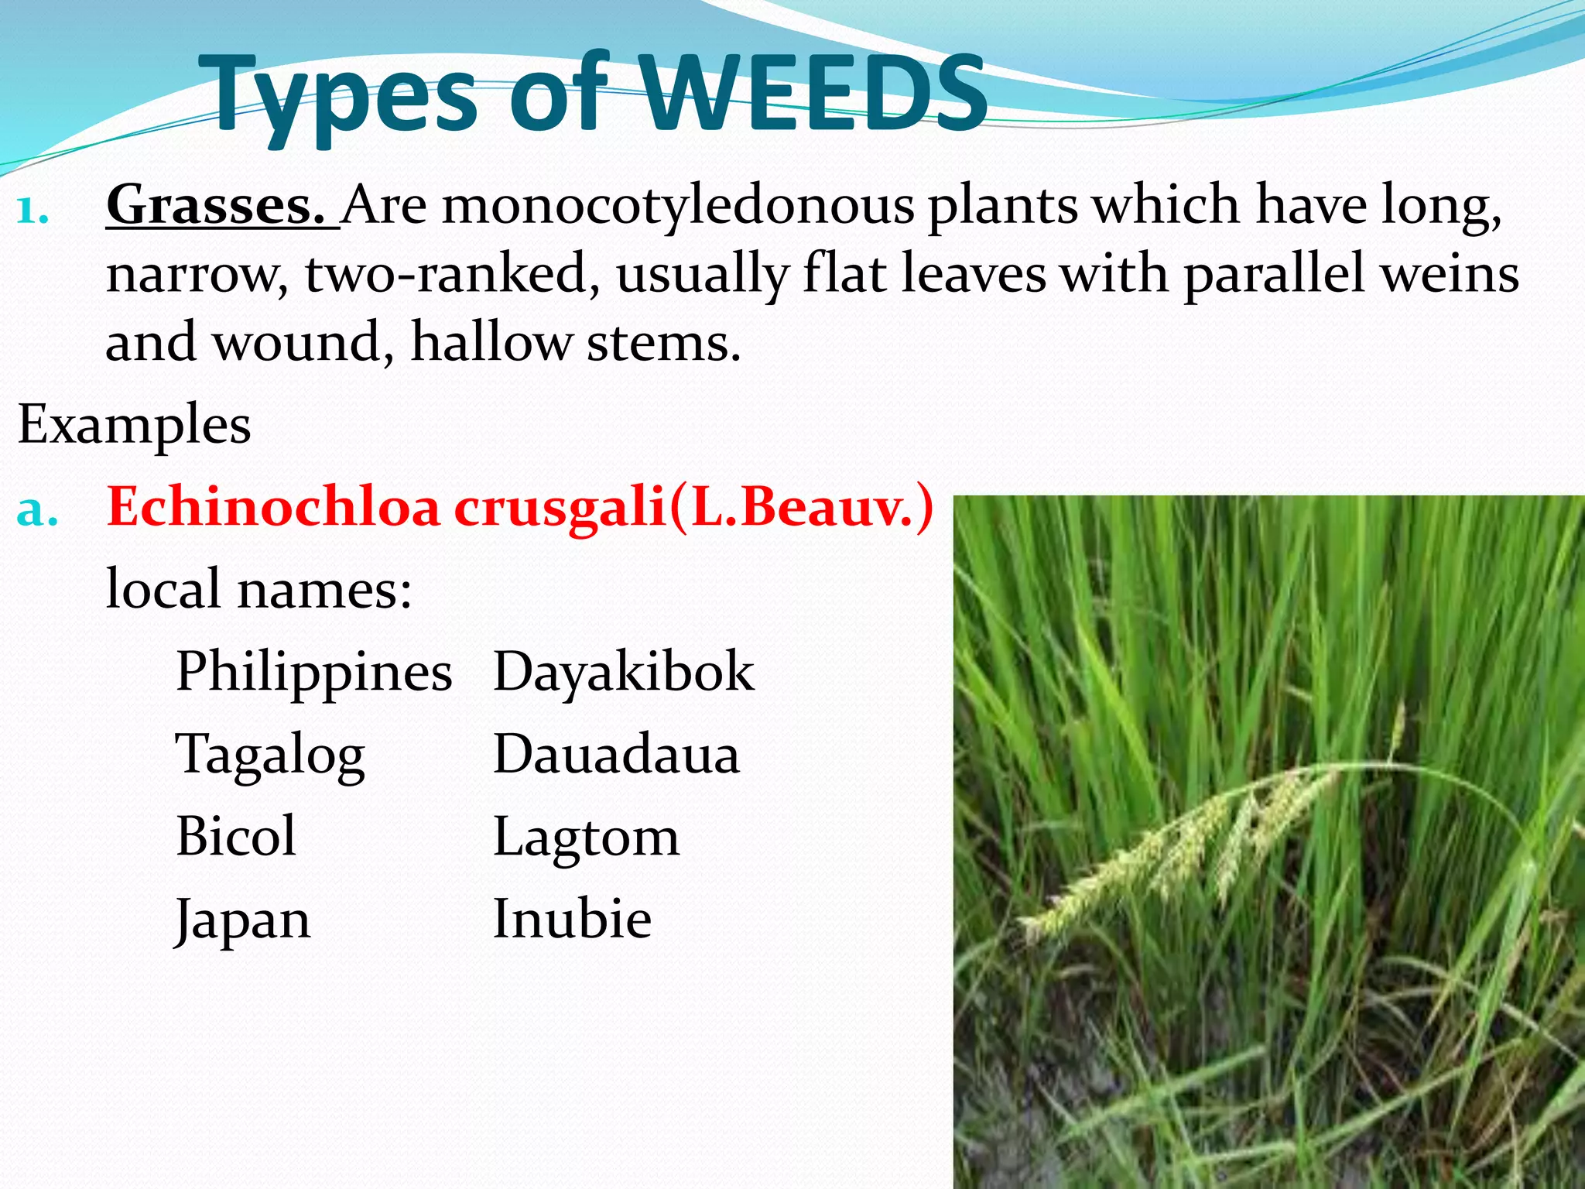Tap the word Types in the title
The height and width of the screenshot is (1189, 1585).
(341, 97)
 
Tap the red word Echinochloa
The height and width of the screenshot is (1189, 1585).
(272, 508)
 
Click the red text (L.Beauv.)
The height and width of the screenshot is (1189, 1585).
(801, 508)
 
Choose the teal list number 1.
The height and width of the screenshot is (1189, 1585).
(32, 210)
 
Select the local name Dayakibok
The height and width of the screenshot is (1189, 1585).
(623, 672)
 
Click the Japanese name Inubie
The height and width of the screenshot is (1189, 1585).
(572, 920)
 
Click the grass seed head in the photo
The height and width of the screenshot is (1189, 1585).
(1176, 851)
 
